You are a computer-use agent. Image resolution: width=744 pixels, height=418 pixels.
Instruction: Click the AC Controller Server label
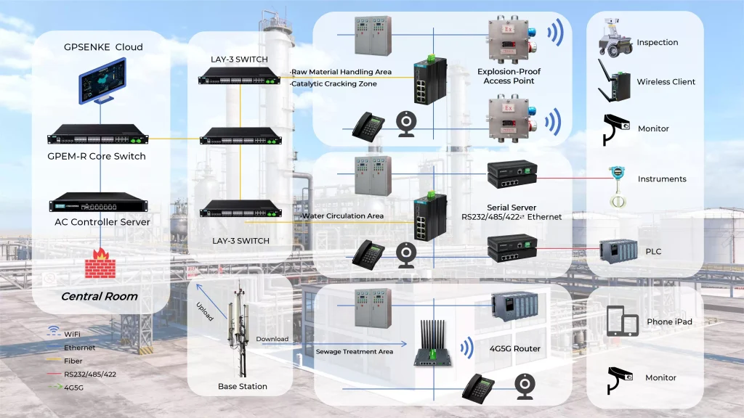tap(102, 222)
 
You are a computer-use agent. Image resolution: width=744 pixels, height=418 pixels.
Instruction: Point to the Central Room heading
tap(99, 296)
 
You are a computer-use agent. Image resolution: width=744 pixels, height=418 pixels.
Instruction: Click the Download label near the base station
tap(272, 339)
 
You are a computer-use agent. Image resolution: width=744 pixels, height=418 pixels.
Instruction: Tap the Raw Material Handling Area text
tap(341, 72)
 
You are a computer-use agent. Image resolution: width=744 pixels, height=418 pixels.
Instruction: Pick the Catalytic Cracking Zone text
tap(333, 84)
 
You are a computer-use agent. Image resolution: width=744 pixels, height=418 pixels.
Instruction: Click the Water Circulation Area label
tap(342, 216)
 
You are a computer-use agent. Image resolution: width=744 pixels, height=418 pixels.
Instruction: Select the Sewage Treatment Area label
tap(354, 352)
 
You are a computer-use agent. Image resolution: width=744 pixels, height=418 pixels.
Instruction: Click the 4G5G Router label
tap(515, 348)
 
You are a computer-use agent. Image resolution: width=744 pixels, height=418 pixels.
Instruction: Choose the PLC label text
tap(653, 252)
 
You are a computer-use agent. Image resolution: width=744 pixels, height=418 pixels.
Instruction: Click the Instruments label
tap(661, 179)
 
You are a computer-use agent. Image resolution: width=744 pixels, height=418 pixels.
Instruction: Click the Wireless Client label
tap(666, 82)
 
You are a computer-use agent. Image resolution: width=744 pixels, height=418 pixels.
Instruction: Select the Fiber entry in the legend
tap(73, 361)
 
